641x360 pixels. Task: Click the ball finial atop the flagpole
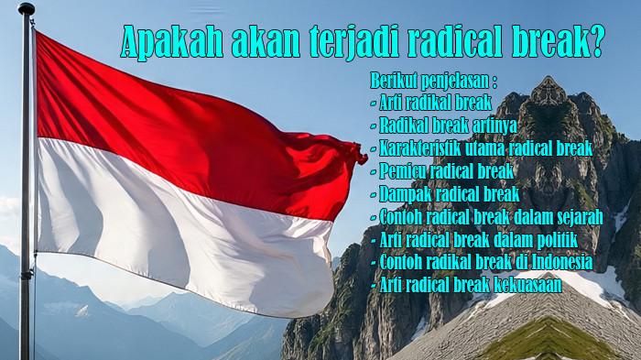pyautogui.click(x=26, y=9)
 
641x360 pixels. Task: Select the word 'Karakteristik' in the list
pyautogui.click(x=422, y=147)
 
